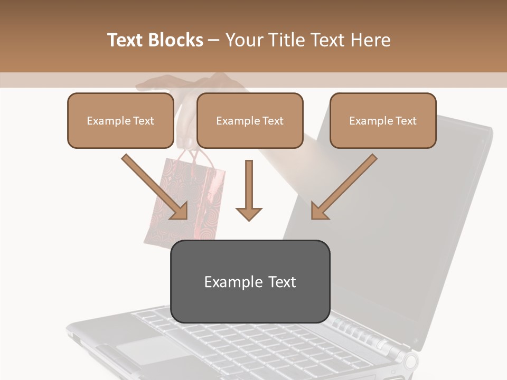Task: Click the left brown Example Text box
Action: click(x=120, y=121)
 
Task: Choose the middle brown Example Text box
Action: click(x=250, y=121)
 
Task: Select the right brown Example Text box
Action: click(x=383, y=121)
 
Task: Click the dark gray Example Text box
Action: click(x=250, y=282)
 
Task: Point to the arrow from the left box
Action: click(x=154, y=186)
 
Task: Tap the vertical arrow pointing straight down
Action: click(x=249, y=191)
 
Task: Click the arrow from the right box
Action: click(x=344, y=186)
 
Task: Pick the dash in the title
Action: click(x=214, y=40)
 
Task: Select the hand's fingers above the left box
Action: click(x=158, y=83)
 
